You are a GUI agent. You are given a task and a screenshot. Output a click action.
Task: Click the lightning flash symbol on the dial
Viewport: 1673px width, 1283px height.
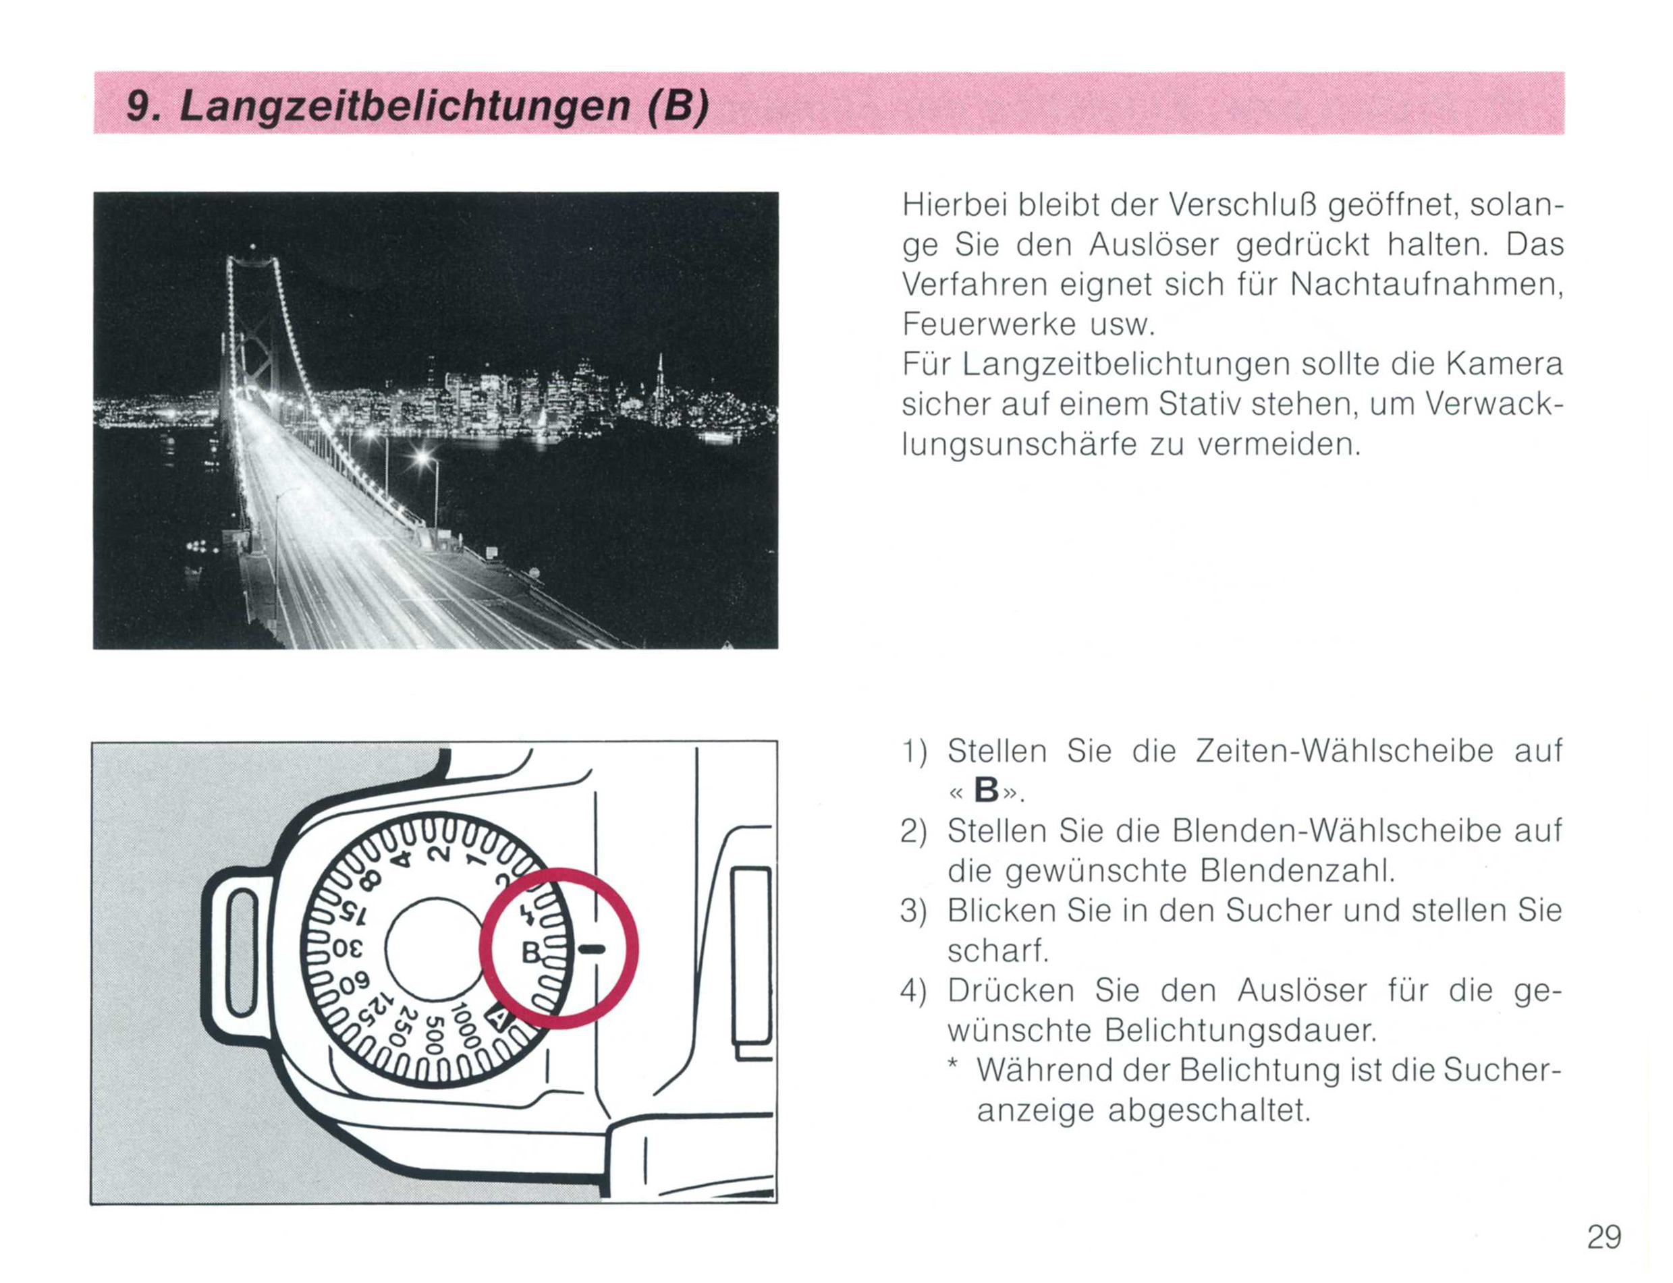tap(526, 917)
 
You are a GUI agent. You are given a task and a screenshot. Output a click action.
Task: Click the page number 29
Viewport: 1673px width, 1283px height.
tap(1604, 1237)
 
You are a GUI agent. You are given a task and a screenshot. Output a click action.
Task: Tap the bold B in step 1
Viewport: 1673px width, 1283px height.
tap(986, 791)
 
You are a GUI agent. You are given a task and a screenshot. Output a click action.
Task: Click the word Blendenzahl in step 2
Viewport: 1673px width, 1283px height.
tap(1297, 871)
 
